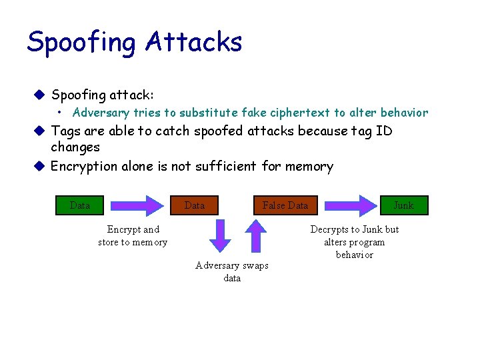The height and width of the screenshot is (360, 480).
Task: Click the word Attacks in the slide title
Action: [x=193, y=41]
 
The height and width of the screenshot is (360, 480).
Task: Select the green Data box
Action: [x=80, y=205]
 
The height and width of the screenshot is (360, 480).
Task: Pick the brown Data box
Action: [x=194, y=205]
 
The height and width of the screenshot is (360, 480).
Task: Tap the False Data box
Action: [x=285, y=205]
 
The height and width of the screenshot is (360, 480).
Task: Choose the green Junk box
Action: [x=403, y=205]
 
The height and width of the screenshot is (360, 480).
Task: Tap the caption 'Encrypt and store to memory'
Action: [x=133, y=236]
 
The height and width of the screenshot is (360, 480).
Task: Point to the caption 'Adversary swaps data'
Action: [x=232, y=271]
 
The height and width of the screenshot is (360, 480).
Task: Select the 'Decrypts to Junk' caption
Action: [x=355, y=242]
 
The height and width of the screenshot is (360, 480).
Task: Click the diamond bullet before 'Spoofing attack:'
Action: [x=40, y=95]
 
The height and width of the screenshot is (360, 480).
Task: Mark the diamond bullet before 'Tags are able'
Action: [x=40, y=131]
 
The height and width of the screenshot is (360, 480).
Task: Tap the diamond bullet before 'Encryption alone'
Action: [x=40, y=166]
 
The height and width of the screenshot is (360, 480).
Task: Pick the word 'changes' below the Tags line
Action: [x=75, y=147]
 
